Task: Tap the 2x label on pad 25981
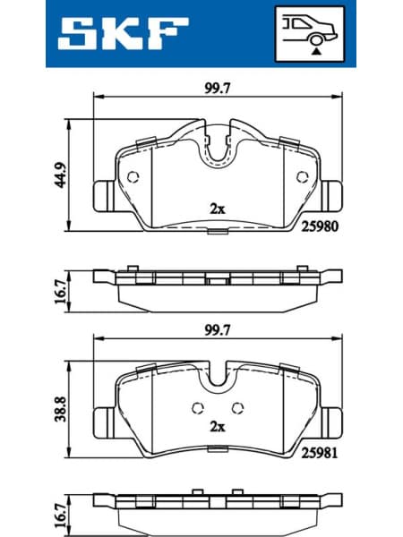(216, 428)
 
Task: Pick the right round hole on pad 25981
(236, 408)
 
